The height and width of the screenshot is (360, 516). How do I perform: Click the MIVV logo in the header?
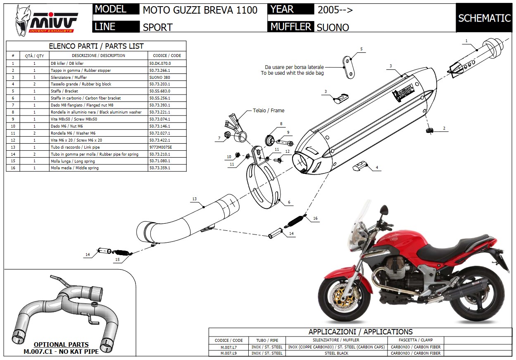point(46,20)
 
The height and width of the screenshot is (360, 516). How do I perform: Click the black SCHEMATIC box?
point(484,18)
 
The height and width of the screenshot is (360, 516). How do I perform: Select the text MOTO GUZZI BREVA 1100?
point(200,10)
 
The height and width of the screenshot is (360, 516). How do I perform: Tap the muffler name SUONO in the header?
point(333,27)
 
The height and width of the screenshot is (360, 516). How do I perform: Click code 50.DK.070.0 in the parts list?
point(160,63)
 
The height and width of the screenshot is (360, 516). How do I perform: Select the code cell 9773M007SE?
point(160,147)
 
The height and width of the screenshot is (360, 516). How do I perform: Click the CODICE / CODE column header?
point(167,55)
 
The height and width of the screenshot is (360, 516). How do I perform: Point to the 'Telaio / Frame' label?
point(268,111)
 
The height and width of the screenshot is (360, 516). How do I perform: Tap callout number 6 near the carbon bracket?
point(289,202)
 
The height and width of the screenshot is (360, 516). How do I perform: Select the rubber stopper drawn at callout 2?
point(428,130)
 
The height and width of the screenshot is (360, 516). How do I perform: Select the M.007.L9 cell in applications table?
point(228,353)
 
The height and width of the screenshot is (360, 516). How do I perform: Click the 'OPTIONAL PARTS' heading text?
point(61,344)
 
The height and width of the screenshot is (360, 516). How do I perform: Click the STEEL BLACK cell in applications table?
point(337,353)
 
